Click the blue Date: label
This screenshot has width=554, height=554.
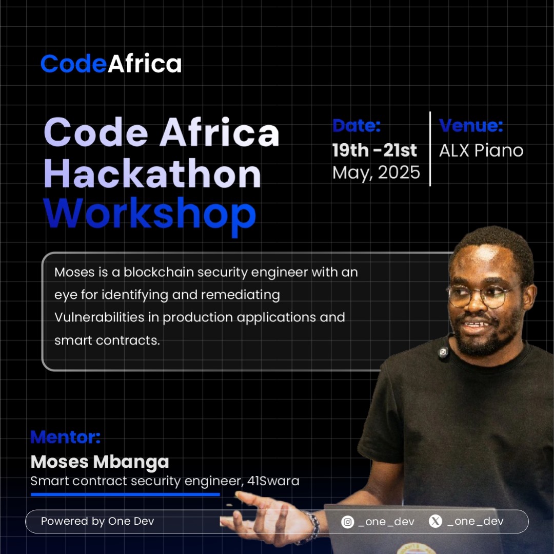click(356, 126)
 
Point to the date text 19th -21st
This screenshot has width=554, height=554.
click(374, 150)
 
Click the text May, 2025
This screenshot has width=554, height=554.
click(376, 173)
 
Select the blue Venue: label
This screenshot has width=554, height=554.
click(471, 126)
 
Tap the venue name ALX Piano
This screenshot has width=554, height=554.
click(481, 150)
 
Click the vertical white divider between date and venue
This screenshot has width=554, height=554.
click(430, 148)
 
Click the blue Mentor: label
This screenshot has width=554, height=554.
click(65, 437)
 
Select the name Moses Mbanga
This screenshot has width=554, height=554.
click(100, 462)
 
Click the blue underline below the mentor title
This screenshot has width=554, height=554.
click(125, 494)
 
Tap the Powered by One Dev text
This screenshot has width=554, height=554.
click(97, 521)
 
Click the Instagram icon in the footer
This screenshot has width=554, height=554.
click(348, 522)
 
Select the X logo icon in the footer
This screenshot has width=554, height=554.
click(435, 522)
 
